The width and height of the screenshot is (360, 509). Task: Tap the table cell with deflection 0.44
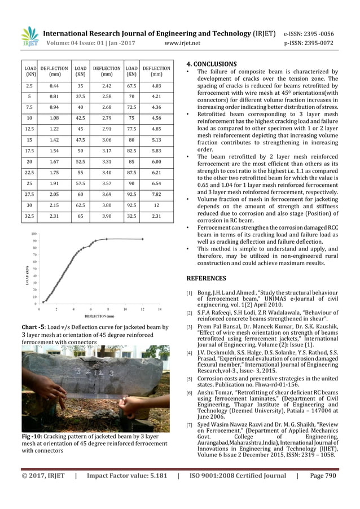(x=55, y=85)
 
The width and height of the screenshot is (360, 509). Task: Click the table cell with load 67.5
(x=131, y=85)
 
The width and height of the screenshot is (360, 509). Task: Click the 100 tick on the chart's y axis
(x=34, y=233)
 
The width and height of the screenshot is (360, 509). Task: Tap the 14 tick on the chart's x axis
(x=160, y=309)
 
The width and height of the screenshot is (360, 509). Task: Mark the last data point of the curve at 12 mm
(x=142, y=239)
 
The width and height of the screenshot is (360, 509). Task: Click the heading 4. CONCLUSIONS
(x=212, y=64)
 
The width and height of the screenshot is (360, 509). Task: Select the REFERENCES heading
(x=206, y=278)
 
